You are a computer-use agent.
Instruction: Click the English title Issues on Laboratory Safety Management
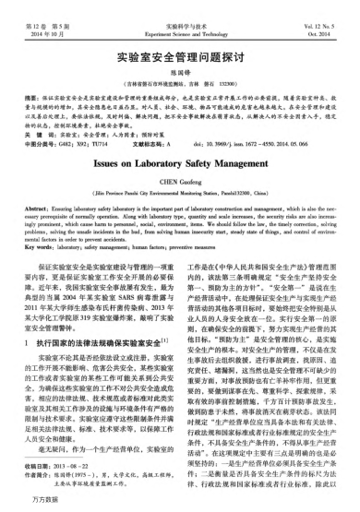pyautogui.click(x=180, y=185)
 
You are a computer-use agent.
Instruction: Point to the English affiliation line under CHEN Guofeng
pyautogui.click(x=180, y=214)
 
